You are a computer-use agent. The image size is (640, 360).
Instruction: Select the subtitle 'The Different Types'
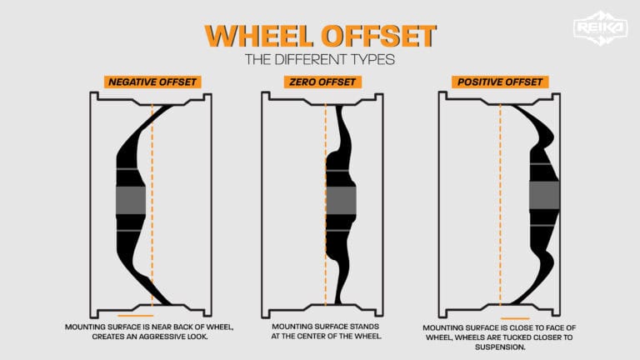coord(319,60)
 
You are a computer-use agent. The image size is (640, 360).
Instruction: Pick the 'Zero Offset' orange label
coord(319,82)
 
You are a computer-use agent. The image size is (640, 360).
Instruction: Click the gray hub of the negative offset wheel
coord(130,200)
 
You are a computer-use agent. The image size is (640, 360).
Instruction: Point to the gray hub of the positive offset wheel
coord(543,195)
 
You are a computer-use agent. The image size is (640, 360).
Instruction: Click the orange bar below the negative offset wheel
coord(136,316)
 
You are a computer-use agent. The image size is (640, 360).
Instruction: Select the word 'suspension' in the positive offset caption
coord(501,349)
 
